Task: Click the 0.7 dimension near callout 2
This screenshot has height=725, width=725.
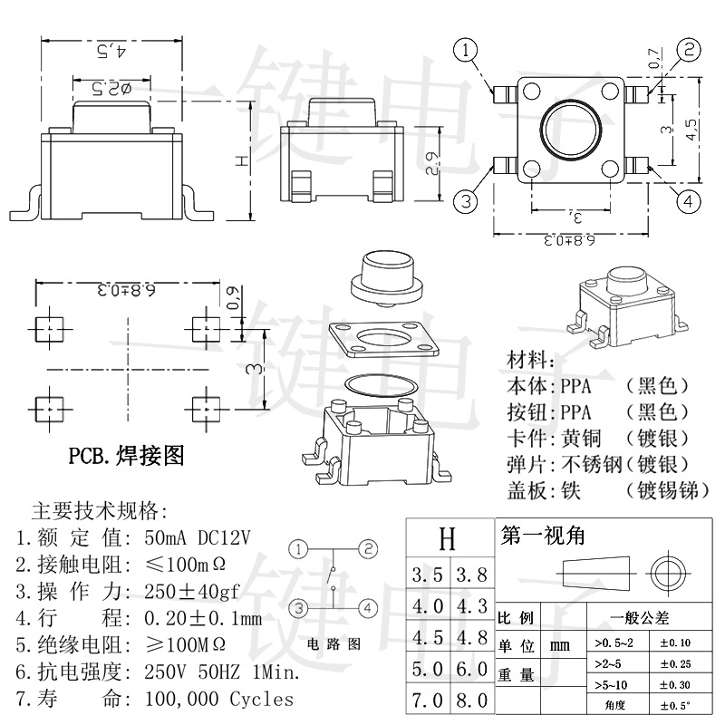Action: click(x=655, y=60)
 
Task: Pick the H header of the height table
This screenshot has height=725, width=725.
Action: click(x=448, y=540)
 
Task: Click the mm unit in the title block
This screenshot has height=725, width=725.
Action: click(x=560, y=645)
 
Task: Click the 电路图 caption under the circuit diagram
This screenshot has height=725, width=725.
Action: click(x=334, y=644)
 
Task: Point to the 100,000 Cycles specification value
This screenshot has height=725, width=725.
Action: click(x=219, y=699)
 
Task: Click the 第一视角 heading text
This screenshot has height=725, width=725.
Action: click(x=543, y=536)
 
